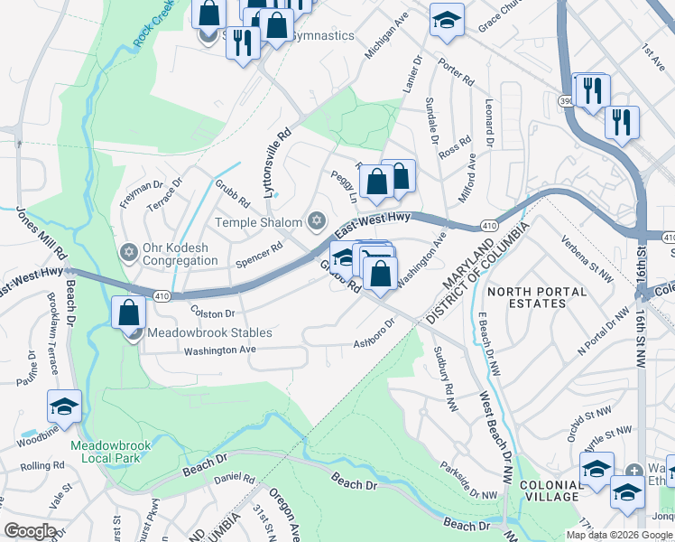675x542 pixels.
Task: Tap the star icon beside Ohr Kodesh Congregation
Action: pos(128,250)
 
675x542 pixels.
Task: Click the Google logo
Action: pos(31,531)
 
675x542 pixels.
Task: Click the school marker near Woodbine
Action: pos(64,407)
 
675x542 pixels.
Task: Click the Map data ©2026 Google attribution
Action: pos(619,534)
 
